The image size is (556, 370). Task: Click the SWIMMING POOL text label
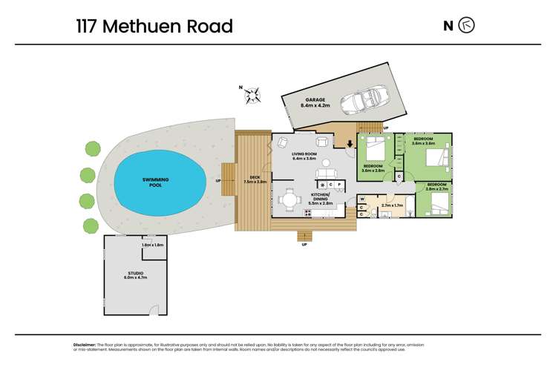(x=161, y=182)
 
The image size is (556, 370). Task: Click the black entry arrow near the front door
(x=350, y=142)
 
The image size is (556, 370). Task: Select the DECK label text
(x=254, y=178)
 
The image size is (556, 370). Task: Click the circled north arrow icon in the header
(x=467, y=26)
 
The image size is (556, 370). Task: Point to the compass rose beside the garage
(x=254, y=93)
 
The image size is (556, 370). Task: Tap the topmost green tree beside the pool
(x=92, y=148)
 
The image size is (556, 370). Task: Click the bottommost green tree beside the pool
(x=90, y=225)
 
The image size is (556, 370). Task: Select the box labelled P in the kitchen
(x=339, y=184)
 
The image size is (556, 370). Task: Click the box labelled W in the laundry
(x=362, y=199)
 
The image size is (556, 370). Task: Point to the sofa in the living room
(x=326, y=174)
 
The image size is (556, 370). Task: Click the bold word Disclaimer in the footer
(x=85, y=344)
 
